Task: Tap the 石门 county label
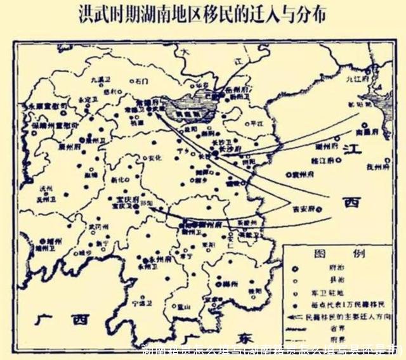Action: (141, 81)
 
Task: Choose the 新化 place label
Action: (119, 180)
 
